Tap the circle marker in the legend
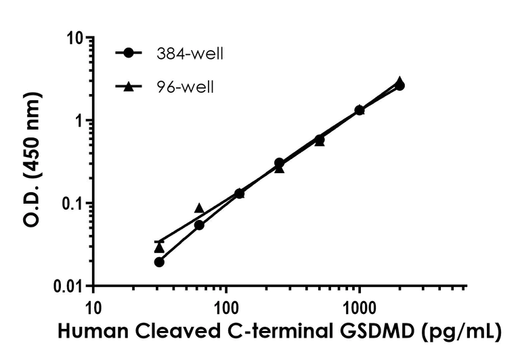tap(127, 53)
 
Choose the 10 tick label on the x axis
tap(93, 307)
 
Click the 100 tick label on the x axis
tap(226, 307)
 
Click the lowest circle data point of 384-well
tap(159, 262)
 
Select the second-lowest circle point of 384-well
tap(199, 225)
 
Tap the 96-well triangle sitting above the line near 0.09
tap(199, 208)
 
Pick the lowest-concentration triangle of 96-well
tap(159, 248)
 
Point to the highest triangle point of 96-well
tap(400, 81)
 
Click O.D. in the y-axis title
tap(33, 207)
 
